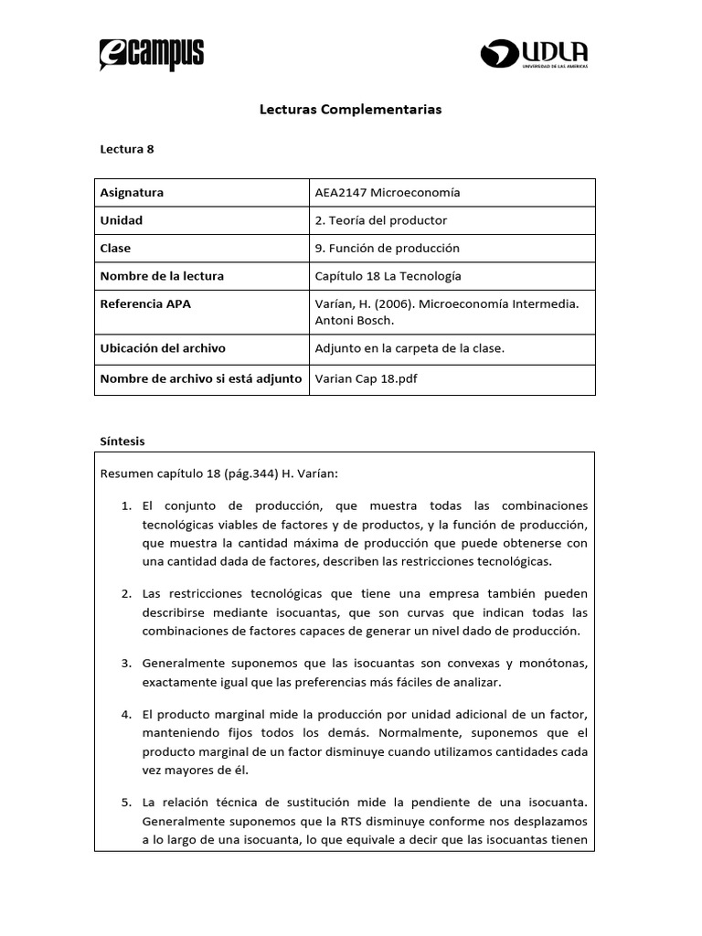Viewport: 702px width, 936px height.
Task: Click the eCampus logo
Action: click(151, 55)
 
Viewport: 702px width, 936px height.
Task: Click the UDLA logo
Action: click(534, 53)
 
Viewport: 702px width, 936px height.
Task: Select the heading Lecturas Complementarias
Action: click(351, 109)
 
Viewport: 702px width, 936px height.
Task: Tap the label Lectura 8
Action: click(126, 149)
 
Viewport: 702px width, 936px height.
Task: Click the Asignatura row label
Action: click(132, 193)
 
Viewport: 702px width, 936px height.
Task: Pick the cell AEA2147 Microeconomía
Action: click(387, 193)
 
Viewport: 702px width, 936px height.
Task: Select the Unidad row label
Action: click(122, 220)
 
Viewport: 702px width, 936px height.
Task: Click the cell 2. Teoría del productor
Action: click(380, 220)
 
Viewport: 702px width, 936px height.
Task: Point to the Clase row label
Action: click(115, 248)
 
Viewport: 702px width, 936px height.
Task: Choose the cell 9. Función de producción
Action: click(387, 248)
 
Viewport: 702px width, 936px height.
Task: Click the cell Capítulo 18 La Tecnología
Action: click(388, 276)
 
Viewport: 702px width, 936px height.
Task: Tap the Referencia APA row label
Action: click(145, 303)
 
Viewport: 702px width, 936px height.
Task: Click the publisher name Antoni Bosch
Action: click(353, 319)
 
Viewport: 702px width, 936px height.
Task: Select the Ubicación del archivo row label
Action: click(163, 348)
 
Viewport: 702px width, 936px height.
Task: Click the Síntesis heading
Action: click(122, 441)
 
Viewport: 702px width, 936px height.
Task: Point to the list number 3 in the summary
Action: click(126, 663)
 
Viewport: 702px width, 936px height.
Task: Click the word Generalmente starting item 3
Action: click(183, 663)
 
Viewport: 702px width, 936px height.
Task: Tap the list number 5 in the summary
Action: click(126, 803)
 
